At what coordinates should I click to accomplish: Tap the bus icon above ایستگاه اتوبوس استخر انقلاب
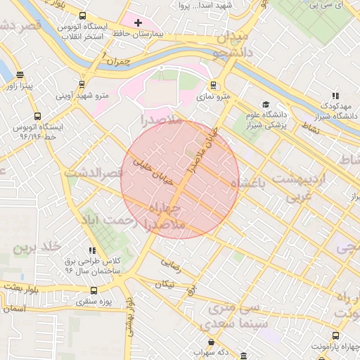coord(83,15)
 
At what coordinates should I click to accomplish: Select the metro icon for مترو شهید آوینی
coord(83,84)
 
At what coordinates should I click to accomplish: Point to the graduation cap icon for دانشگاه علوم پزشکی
coord(265,104)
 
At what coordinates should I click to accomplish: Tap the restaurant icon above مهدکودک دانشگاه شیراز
coord(335,95)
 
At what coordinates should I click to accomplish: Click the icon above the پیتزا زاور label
coord(19,75)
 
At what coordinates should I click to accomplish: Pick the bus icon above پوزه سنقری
coord(94,290)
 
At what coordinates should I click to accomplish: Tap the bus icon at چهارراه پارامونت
coord(335,335)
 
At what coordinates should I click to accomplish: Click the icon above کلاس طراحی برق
coord(92,250)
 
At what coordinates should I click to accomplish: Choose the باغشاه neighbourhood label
coord(264,183)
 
